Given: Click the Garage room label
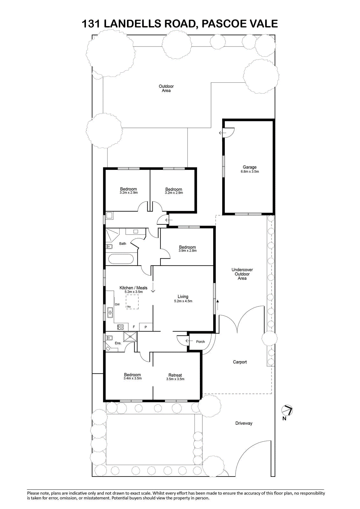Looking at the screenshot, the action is click(250, 167).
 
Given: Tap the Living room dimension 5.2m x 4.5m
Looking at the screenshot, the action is click(183, 301).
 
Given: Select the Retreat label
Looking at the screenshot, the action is click(175, 375).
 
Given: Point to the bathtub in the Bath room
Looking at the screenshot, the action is click(121, 259).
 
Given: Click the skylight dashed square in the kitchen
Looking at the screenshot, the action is click(132, 302).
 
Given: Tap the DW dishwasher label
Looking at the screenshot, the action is click(117, 304).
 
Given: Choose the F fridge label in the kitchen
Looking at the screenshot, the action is click(134, 327).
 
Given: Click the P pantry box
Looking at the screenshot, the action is click(146, 327).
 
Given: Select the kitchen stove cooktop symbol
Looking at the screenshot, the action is click(120, 327).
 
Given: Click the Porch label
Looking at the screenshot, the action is click(200, 342).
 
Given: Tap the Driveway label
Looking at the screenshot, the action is click(244, 423).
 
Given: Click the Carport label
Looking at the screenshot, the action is click(240, 362).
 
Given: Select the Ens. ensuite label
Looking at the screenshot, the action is click(118, 343).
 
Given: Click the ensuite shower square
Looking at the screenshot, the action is click(130, 337).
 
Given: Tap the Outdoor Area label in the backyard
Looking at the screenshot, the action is click(166, 88).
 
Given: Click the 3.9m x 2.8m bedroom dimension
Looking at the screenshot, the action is click(187, 251).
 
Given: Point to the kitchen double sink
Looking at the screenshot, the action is click(110, 312).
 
